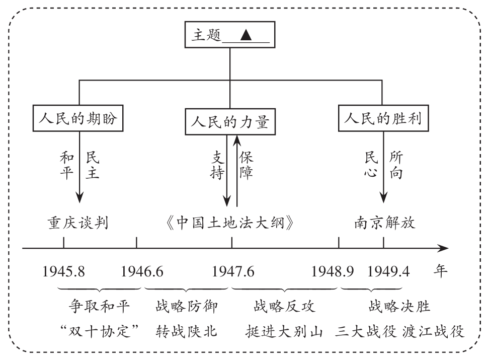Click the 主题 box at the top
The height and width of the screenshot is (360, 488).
point(229,35)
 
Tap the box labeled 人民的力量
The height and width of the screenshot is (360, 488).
point(229,122)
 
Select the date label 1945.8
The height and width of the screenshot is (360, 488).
point(63,272)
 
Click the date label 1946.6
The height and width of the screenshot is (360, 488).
point(142,272)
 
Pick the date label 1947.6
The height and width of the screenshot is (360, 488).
point(233,272)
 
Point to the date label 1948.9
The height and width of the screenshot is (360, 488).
point(333,272)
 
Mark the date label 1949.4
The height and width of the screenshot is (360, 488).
point(388,272)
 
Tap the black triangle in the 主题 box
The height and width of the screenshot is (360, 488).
point(246,35)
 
